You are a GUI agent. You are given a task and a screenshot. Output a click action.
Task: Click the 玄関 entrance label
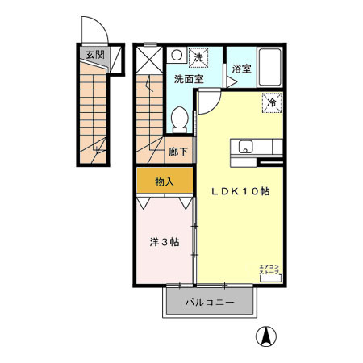click(94, 56)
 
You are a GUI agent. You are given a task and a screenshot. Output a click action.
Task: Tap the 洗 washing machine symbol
click(197, 56)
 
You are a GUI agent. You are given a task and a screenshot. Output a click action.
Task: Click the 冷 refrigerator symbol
click(271, 102)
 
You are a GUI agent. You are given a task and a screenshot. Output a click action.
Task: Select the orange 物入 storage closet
click(165, 181)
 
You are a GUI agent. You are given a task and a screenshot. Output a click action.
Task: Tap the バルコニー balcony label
click(209, 304)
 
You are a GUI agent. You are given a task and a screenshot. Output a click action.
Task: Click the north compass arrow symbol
click(263, 336)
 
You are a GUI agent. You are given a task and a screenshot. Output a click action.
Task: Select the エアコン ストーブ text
click(269, 270)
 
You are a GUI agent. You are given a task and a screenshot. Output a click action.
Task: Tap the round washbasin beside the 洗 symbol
click(175, 56)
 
